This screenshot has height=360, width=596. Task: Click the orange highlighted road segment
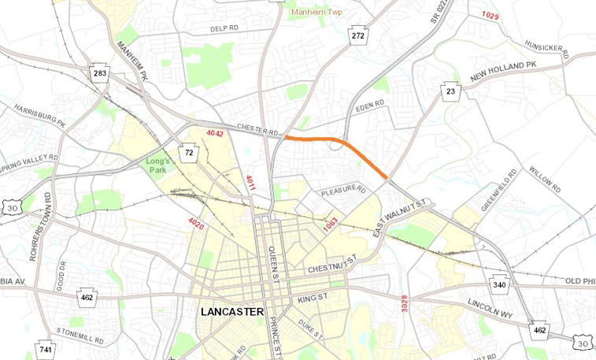pyautogui.click(x=339, y=141)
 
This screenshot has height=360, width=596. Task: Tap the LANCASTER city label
pyautogui.click(x=232, y=313)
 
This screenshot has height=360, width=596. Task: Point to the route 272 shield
pyautogui.click(x=358, y=36)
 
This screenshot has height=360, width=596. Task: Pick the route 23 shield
pyautogui.click(x=450, y=91)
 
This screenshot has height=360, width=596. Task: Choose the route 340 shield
pyautogui.click(x=500, y=284)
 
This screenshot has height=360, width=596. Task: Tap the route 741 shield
pyautogui.click(x=46, y=349)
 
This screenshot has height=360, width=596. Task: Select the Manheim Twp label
pyautogui.click(x=318, y=13)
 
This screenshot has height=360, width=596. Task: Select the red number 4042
pyautogui.click(x=215, y=134)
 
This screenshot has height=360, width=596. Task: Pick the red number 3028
pyautogui.click(x=404, y=304)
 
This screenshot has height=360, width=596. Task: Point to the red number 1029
pyautogui.click(x=490, y=16)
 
